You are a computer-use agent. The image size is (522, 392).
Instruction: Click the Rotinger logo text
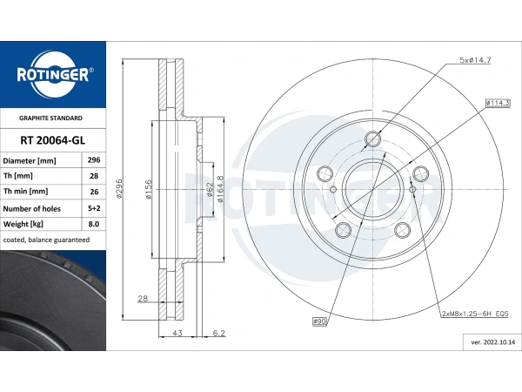tap(52, 75)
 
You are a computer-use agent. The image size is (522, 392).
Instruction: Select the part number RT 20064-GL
tap(52, 139)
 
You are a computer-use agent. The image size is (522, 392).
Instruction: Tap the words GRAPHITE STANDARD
tap(52, 118)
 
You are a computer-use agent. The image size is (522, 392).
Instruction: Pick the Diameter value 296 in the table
tap(93, 161)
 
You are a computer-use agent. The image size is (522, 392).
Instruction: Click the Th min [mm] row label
tap(26, 192)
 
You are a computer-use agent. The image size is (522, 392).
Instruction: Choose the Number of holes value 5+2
tap(93, 208)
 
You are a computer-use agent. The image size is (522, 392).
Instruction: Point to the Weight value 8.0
tap(93, 224)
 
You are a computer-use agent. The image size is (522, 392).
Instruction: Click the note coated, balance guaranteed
tap(46, 240)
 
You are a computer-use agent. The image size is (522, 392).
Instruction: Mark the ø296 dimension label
tap(119, 190)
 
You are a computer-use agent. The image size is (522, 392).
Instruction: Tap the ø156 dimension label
tap(149, 190)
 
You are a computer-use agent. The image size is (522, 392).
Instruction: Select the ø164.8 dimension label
tap(221, 189)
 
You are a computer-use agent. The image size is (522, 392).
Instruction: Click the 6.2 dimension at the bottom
tap(220, 332)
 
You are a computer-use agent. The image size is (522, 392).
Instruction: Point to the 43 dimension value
tap(177, 332)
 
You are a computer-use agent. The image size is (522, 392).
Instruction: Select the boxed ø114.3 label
tap(498, 104)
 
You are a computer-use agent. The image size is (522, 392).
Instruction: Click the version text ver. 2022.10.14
tap(487, 344)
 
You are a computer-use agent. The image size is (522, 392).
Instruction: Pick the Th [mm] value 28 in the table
tap(93, 177)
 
